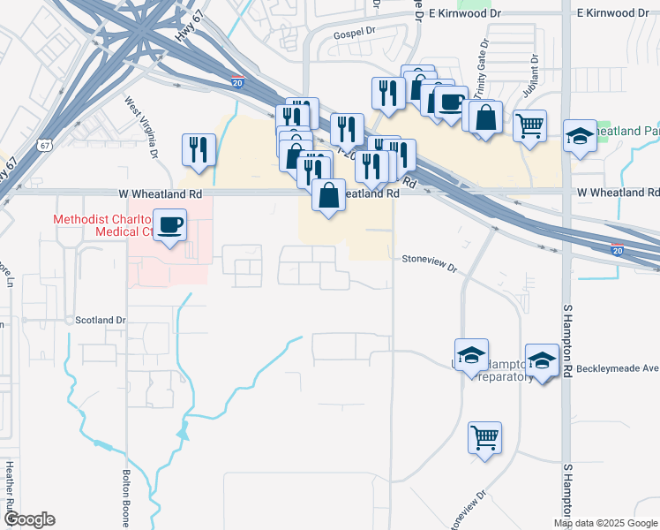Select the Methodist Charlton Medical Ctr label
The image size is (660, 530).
coord(101,225)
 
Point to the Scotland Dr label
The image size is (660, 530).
coord(101,320)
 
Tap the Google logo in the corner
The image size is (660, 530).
coord(28,519)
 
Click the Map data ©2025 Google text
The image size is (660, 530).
coord(605,523)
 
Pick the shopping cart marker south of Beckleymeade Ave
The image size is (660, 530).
coord(484,436)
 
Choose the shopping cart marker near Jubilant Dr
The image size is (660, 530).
coord(529,125)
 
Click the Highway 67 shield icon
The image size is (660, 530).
coord(43,145)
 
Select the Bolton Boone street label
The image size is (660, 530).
coord(127,496)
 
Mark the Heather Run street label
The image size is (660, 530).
coord(10,491)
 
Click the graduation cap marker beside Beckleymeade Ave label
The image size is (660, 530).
coord(542,360)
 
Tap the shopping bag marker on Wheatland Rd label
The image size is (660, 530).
coord(328,195)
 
